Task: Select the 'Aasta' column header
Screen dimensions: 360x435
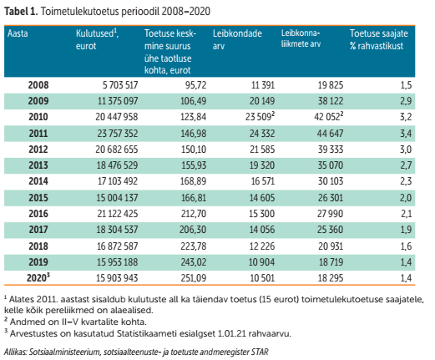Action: (x=18, y=35)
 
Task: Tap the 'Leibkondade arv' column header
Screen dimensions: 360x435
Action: (x=237, y=39)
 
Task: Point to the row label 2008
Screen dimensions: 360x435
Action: (x=38, y=85)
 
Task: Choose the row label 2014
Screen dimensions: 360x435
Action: (x=38, y=180)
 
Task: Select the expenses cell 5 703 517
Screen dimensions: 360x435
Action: (x=114, y=85)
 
